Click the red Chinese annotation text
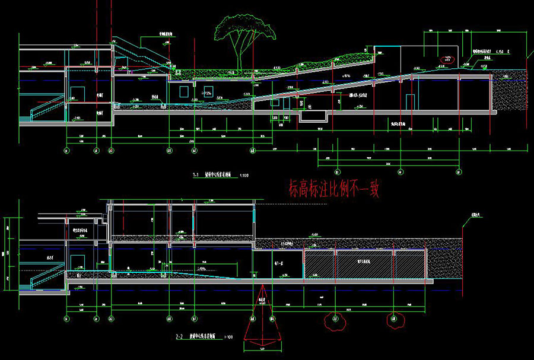pyautogui.click(x=333, y=189)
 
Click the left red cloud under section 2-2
pyautogui.click(x=335, y=320)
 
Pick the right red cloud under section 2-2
pyautogui.click(x=392, y=320)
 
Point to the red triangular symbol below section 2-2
pyautogui.click(x=262, y=314)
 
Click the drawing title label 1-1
pyautogui.click(x=195, y=176)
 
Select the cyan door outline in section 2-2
pyautogui.click(x=77, y=263)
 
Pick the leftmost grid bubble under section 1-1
pyautogui.click(x=65, y=151)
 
